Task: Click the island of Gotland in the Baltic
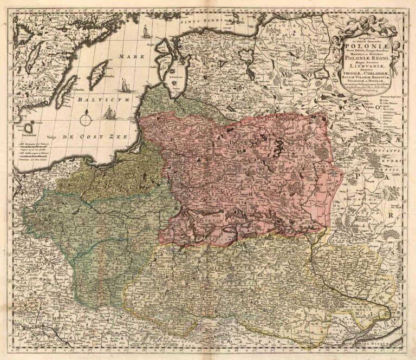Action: [x=98, y=74]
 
